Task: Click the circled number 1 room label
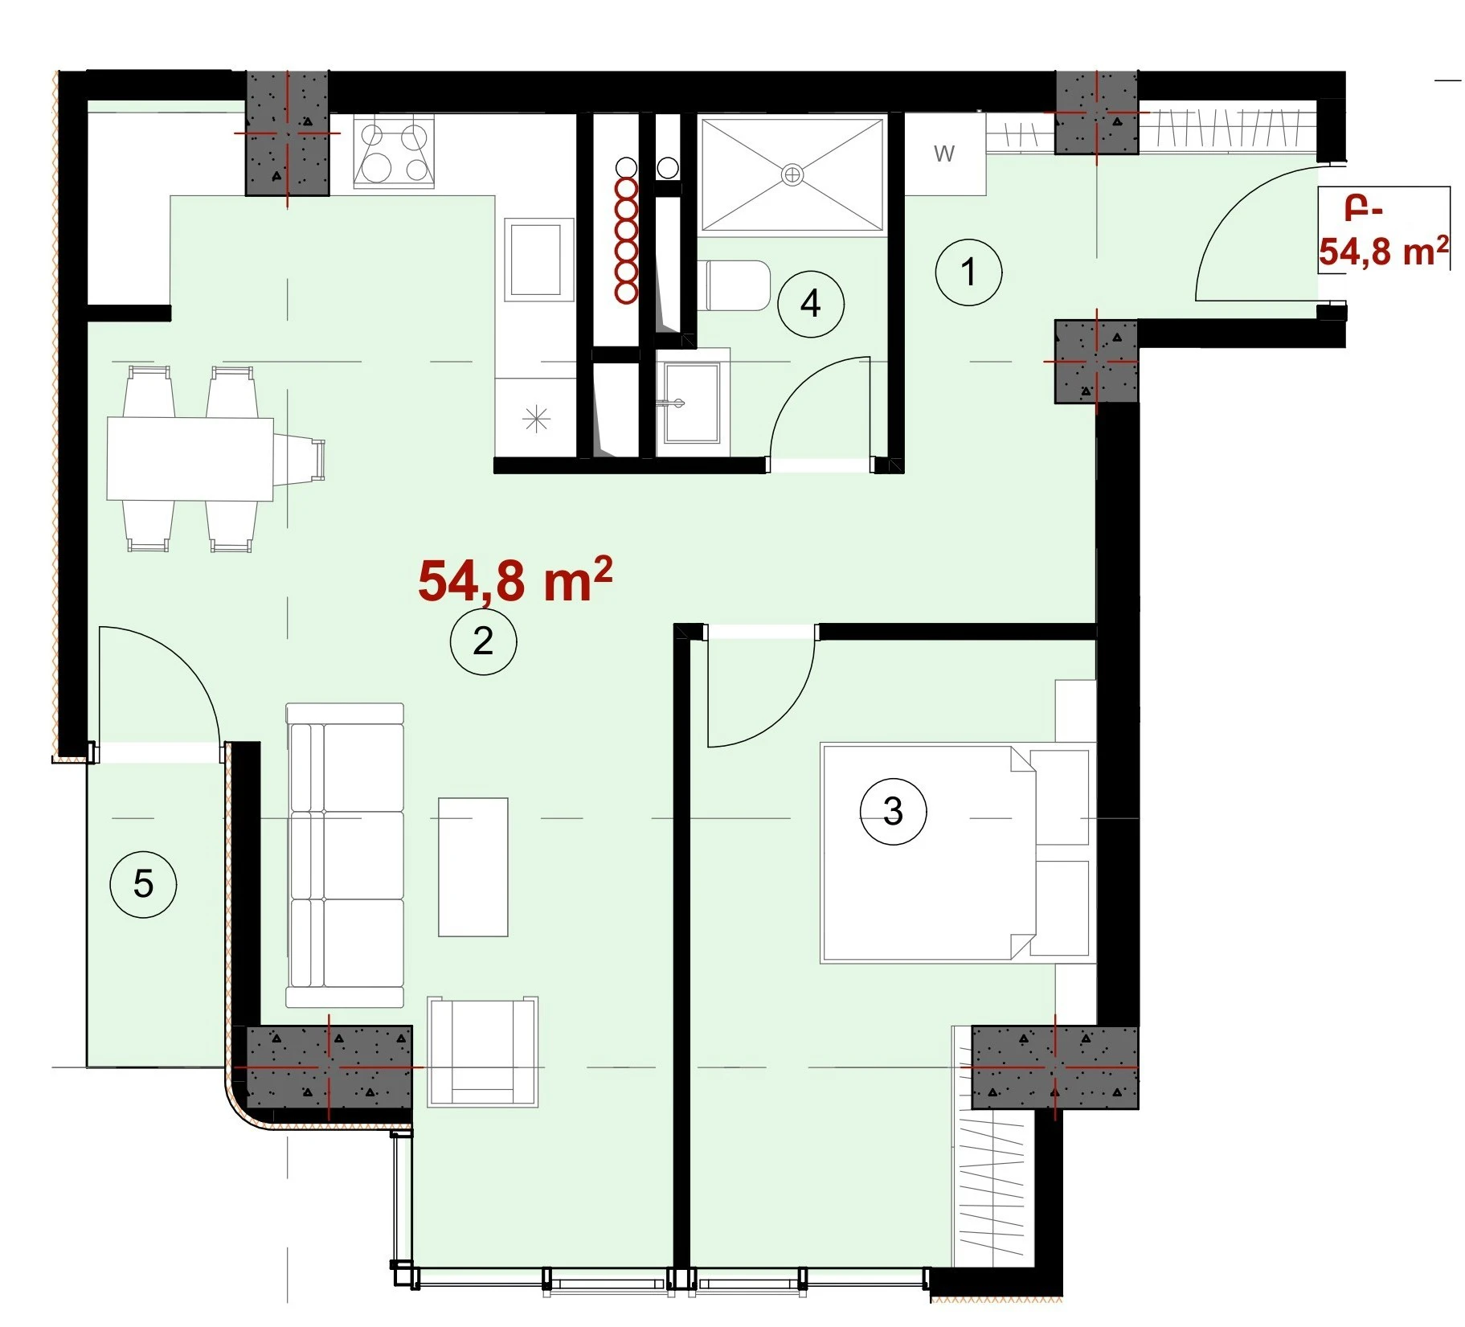click(968, 272)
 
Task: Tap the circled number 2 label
click(483, 641)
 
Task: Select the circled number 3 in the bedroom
click(893, 811)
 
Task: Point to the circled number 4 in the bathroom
click(811, 304)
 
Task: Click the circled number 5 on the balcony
click(143, 884)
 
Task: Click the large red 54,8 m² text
click(515, 580)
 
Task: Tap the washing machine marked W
click(945, 154)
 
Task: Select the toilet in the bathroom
click(738, 285)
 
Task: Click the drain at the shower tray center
click(792, 174)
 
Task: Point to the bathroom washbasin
click(692, 402)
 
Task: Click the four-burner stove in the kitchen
click(394, 152)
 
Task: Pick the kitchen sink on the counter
click(536, 260)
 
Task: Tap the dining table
click(190, 459)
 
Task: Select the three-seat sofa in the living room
click(345, 855)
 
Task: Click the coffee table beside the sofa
click(473, 866)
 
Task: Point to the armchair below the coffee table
click(482, 1051)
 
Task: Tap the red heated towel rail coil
click(626, 240)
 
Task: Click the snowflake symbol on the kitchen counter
click(536, 420)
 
